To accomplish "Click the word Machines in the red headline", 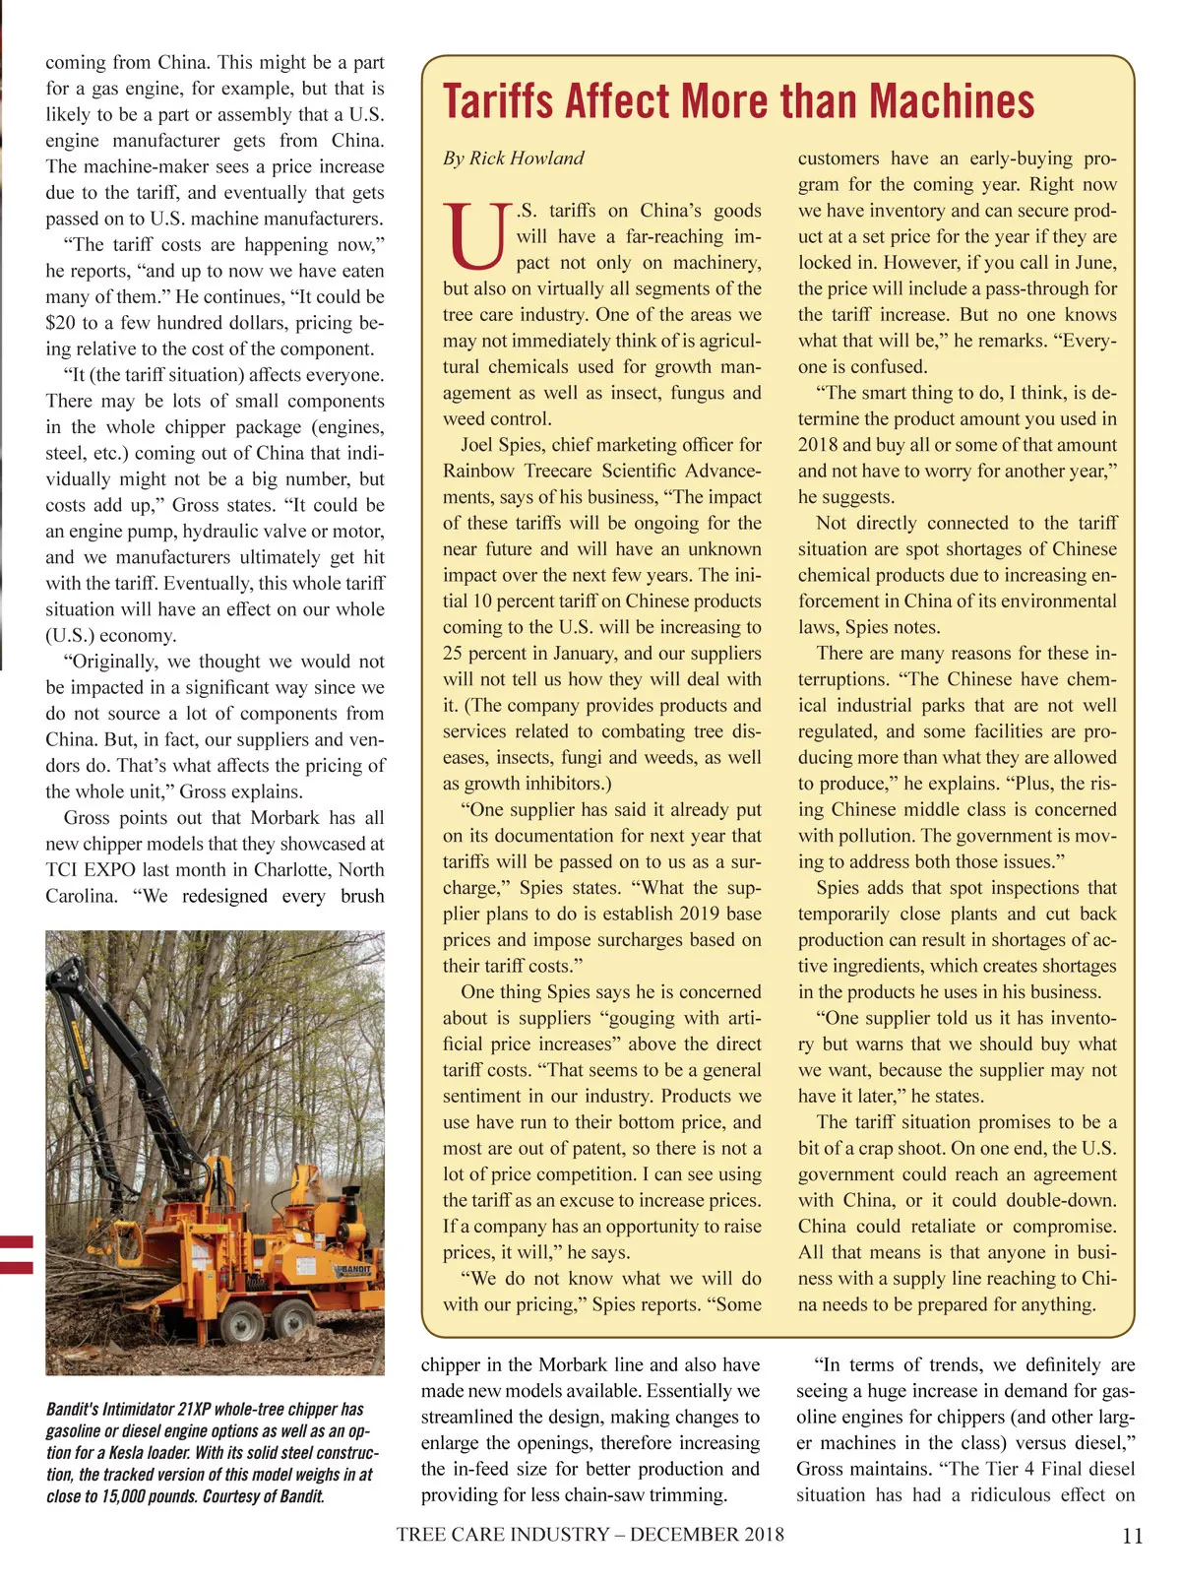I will coord(953,101).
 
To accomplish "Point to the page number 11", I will coord(1132,1536).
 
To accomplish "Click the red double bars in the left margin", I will coord(17,1254).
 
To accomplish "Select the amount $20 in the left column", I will coord(62,323).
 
